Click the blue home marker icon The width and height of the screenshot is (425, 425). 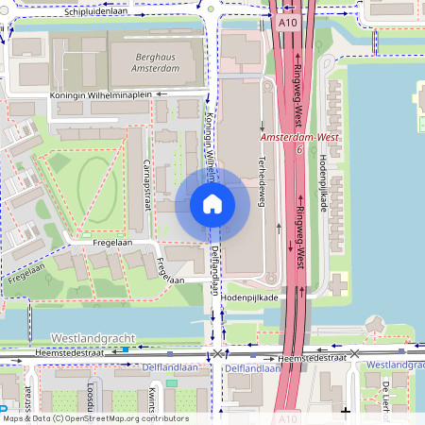(x=212, y=204)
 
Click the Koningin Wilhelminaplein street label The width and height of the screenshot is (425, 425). (x=103, y=94)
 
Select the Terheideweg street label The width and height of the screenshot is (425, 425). (x=261, y=178)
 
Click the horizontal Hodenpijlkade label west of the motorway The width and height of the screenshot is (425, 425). (x=248, y=297)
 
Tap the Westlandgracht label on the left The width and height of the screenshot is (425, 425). (x=93, y=337)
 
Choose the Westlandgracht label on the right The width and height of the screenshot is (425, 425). (x=395, y=365)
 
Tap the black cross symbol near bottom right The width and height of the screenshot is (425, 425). (x=347, y=411)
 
